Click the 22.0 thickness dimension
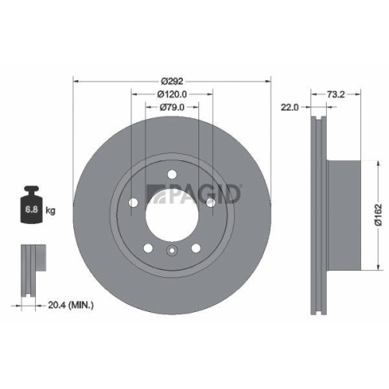click(x=290, y=109)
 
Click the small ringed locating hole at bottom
click(x=171, y=251)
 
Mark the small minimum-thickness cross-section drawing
click(x=30, y=268)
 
